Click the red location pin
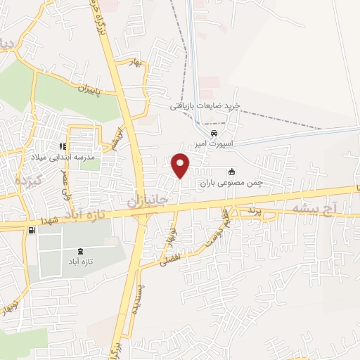181,165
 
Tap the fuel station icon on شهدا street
30,230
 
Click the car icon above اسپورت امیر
214,133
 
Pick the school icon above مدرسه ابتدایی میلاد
63,147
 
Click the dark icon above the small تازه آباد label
78,251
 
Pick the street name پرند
255,211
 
